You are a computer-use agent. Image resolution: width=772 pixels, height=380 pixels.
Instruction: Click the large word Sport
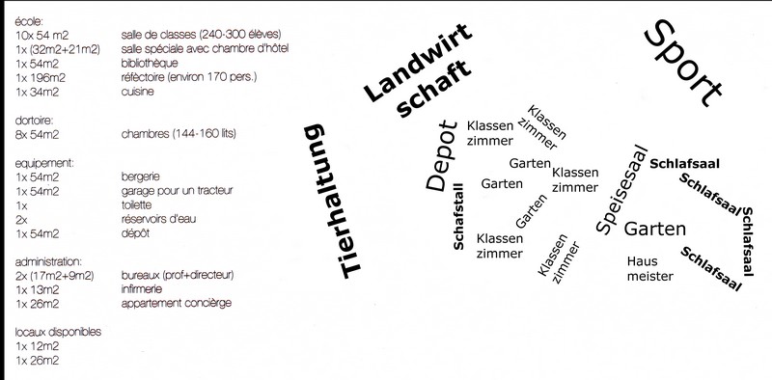[683, 63]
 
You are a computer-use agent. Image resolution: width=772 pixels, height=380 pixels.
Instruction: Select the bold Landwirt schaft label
[419, 69]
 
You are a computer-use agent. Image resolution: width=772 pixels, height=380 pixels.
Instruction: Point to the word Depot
[441, 155]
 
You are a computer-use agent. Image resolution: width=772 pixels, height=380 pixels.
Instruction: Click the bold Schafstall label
[457, 217]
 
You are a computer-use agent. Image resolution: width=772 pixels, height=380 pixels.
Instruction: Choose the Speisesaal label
[620, 189]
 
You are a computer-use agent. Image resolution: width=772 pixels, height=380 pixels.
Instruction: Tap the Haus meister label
[649, 268]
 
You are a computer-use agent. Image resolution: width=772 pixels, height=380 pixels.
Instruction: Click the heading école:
[29, 21]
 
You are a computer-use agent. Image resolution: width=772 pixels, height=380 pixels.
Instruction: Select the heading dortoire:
[34, 121]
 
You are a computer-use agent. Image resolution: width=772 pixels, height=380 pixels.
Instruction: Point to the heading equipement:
[44, 163]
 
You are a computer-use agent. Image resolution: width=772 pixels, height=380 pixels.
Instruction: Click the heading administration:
[48, 261]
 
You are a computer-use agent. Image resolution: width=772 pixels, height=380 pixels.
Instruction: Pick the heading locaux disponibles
[58, 332]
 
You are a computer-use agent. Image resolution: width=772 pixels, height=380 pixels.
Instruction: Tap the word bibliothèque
[150, 64]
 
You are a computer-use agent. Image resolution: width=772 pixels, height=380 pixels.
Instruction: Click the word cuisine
[137, 92]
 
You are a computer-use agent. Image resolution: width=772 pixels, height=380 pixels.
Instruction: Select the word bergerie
[140, 176]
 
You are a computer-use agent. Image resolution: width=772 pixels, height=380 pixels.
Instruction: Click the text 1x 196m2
[41, 78]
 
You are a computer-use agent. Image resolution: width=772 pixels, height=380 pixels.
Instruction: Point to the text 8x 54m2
[37, 134]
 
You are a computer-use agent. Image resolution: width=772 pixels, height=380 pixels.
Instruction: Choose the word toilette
[136, 204]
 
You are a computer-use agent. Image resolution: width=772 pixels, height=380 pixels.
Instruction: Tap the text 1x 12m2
[37, 346]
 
